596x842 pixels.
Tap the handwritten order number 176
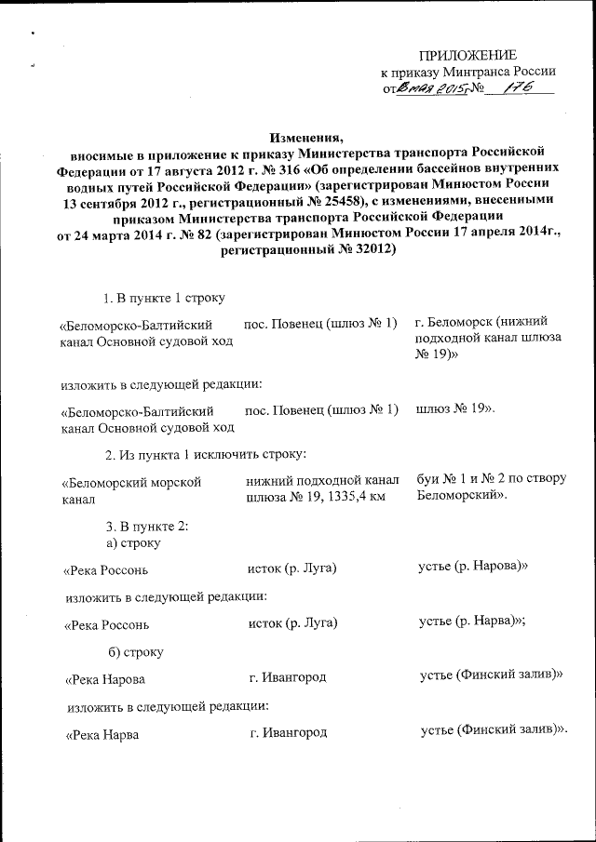point(516,87)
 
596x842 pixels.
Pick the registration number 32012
point(366,249)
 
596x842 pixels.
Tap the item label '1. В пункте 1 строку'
point(165,297)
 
